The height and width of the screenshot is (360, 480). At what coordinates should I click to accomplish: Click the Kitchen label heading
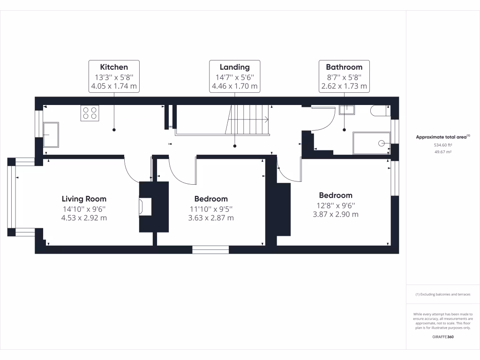114,67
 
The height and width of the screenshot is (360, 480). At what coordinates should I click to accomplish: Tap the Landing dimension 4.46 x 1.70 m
234,86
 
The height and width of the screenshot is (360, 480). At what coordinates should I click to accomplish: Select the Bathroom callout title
344,67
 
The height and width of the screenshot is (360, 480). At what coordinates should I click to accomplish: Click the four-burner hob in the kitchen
90,113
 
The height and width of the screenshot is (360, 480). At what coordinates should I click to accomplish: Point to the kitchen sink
51,135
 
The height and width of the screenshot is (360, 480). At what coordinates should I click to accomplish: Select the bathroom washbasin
347,109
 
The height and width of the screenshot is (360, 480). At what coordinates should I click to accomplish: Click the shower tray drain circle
382,143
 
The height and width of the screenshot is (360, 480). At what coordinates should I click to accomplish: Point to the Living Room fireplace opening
142,207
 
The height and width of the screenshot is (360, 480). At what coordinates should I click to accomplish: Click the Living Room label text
84,199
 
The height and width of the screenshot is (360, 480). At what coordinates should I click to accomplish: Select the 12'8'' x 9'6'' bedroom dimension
335,205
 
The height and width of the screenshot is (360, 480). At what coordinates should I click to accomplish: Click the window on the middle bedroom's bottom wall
210,249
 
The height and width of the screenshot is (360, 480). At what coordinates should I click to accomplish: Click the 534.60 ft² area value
442,145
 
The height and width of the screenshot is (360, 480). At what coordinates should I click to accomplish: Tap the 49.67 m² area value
442,152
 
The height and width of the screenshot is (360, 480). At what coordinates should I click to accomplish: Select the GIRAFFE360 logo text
442,337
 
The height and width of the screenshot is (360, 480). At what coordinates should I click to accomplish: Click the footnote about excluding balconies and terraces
442,294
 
